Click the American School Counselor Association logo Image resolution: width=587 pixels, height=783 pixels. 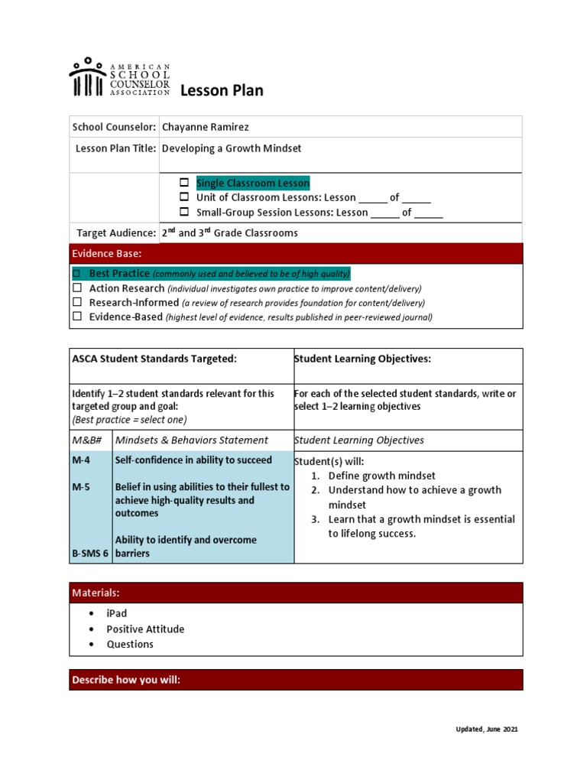(119, 78)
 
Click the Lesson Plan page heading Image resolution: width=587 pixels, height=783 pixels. (222, 91)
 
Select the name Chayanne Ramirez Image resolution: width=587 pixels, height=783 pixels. (205, 127)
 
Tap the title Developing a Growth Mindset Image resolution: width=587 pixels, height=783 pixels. (232, 148)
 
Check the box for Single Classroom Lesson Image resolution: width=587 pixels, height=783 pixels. (184, 183)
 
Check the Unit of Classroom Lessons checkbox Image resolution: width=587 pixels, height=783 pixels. (184, 197)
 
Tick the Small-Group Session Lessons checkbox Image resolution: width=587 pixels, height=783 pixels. (184, 213)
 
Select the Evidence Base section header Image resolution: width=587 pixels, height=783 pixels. (107, 253)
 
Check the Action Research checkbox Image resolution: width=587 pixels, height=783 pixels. (76, 288)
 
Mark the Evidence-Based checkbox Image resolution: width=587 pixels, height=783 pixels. (76, 317)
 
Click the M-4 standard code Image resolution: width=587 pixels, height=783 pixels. (81, 460)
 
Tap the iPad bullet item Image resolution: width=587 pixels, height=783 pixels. (116, 613)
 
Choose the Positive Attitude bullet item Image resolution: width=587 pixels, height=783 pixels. (145, 629)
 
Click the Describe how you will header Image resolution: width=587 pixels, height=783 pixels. (126, 679)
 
